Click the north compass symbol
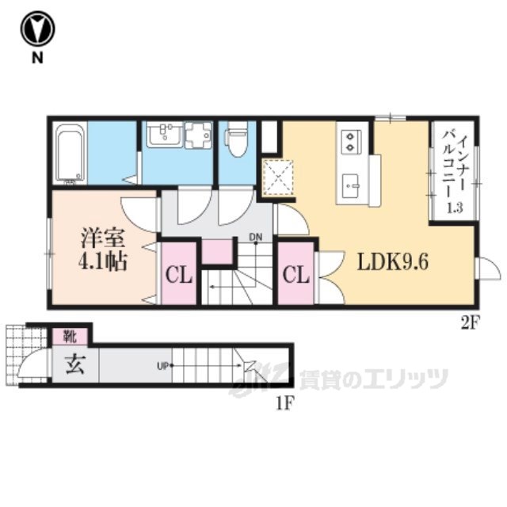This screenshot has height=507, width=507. pyautogui.click(x=37, y=29)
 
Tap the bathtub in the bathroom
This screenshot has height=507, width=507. pyautogui.click(x=71, y=153)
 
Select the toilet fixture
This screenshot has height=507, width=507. pyautogui.click(x=238, y=139)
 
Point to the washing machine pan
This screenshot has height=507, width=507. pyautogui.click(x=198, y=135)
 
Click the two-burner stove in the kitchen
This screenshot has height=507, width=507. pyautogui.click(x=350, y=141)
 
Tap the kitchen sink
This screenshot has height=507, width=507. pyautogui.click(x=350, y=185)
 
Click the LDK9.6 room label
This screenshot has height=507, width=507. pyautogui.click(x=393, y=262)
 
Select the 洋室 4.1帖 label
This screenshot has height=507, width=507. pyautogui.click(x=102, y=250)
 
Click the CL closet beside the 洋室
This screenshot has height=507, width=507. pyautogui.click(x=179, y=276)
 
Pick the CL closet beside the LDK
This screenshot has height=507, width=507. pyautogui.click(x=296, y=276)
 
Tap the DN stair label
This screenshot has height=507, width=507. pyautogui.click(x=255, y=238)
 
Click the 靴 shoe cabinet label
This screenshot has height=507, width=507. pyautogui.click(x=70, y=337)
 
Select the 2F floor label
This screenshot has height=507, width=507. pyautogui.click(x=469, y=323)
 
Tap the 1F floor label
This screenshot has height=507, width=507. pyautogui.click(x=284, y=403)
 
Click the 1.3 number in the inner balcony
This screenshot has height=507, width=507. pyautogui.click(x=456, y=208)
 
